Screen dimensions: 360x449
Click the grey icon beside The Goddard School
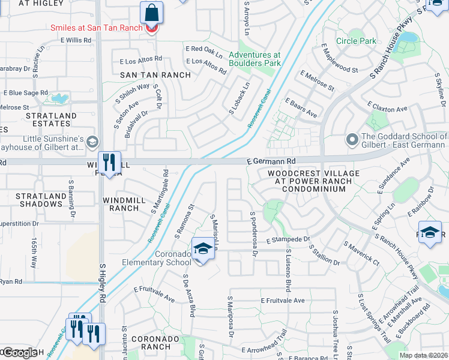[x=353, y=139]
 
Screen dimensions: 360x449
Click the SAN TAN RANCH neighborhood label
[x=155, y=75]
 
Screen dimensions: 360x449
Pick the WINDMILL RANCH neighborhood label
[x=129, y=204]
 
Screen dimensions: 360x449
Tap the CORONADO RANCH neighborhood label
[x=155, y=343]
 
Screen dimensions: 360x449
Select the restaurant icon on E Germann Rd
[x=109, y=161]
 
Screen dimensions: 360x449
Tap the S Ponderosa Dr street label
[x=254, y=235]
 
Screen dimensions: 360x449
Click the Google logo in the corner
[x=19, y=353]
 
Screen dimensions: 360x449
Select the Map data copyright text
[x=424, y=355]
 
